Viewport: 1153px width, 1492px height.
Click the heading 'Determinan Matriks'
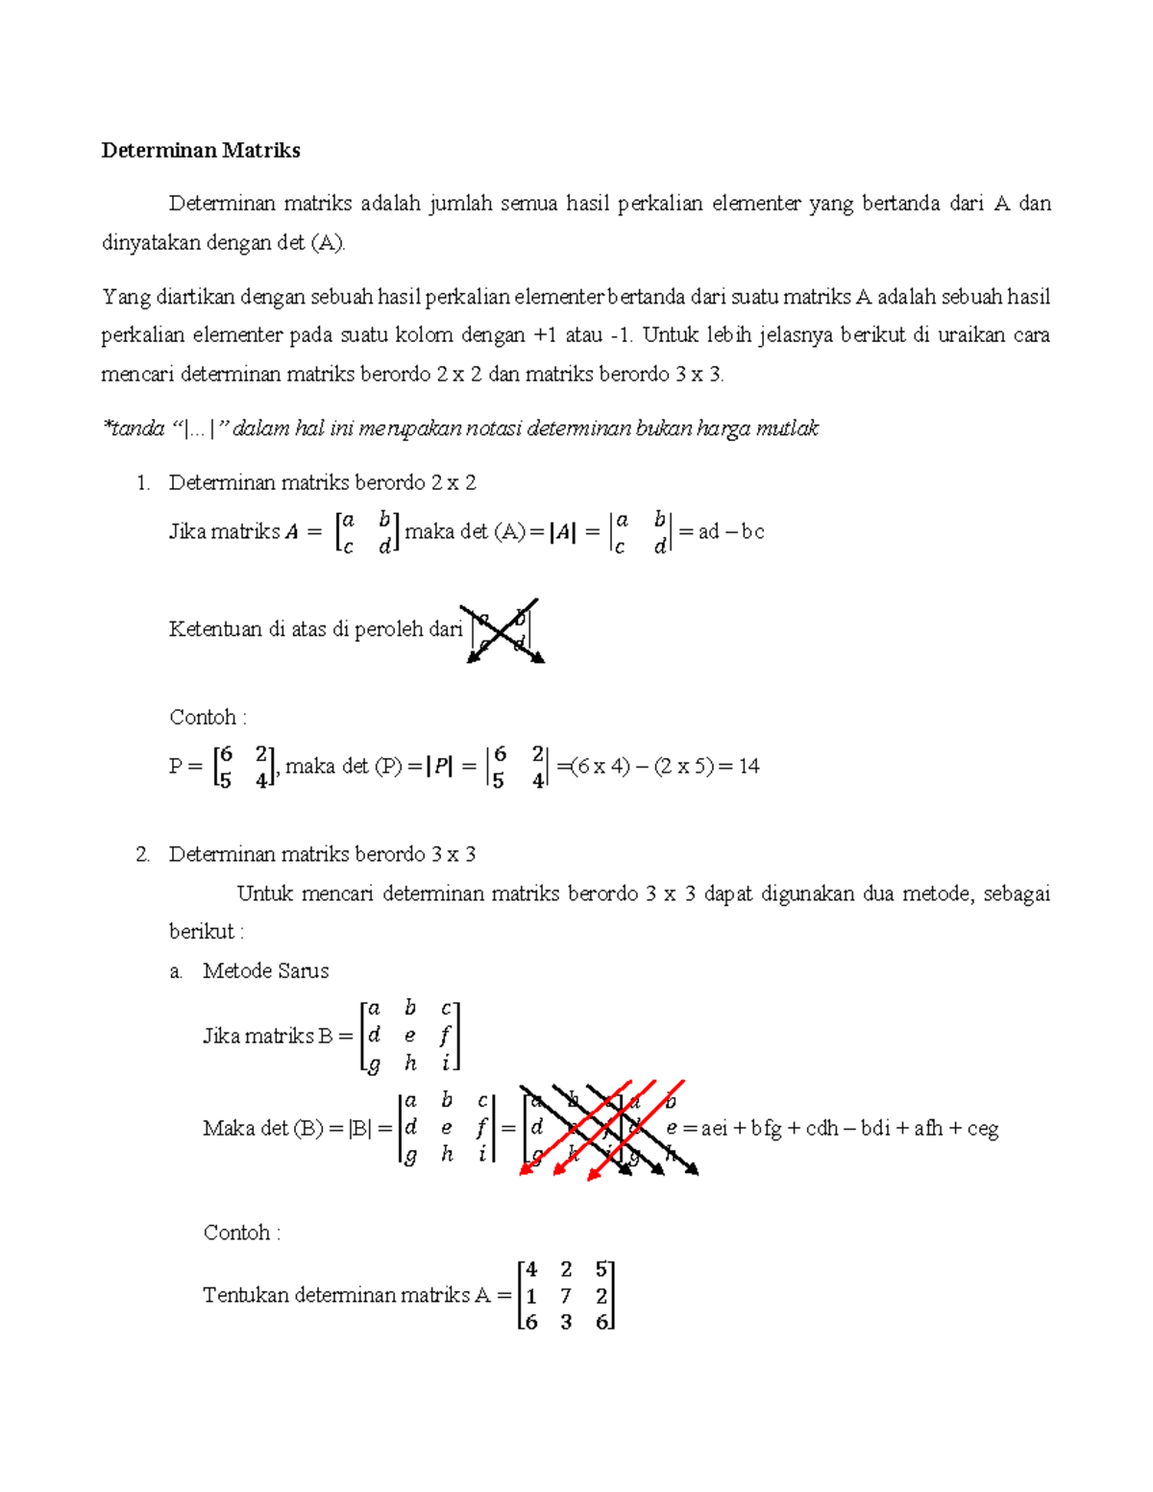pyautogui.click(x=201, y=150)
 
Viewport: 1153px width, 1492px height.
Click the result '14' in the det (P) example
pyautogui.click(x=748, y=766)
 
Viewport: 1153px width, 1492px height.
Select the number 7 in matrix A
pyautogui.click(x=566, y=1295)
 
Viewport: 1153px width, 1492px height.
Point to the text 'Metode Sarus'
pyautogui.click(x=265, y=970)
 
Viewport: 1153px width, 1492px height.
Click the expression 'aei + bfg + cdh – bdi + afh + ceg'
pyautogui.click(x=849, y=1128)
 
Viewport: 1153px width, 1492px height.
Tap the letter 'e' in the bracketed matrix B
pyautogui.click(x=410, y=1036)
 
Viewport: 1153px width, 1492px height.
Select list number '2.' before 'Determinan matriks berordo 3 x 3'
pyautogui.click(x=143, y=854)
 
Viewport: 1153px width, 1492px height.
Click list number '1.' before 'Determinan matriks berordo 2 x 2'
pyautogui.click(x=143, y=482)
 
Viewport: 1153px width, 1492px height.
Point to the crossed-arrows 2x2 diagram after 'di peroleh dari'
pyautogui.click(x=503, y=631)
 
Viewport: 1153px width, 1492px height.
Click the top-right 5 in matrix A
pyautogui.click(x=601, y=1269)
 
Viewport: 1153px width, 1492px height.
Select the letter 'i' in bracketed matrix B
pyautogui.click(x=445, y=1064)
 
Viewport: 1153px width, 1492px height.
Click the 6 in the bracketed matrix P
pyautogui.click(x=225, y=754)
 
